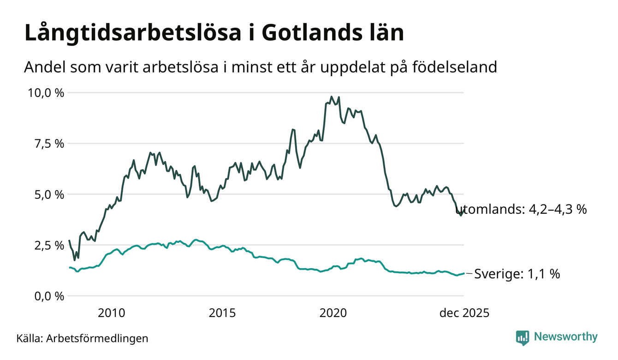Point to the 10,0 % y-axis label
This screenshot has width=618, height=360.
coord(46,93)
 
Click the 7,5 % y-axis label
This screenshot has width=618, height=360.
coord(48,144)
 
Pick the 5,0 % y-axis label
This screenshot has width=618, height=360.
coord(48,194)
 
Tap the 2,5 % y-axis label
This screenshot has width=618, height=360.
coord(48,245)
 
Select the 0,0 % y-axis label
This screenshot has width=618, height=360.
coord(48,296)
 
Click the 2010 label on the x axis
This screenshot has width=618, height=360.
coord(112,313)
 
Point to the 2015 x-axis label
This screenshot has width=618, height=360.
coord(222,313)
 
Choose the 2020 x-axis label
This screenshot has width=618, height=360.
coord(333,313)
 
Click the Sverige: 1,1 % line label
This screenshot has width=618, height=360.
coord(517,274)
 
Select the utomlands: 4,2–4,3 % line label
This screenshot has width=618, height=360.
coord(524,210)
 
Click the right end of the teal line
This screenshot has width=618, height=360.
coord(463,273)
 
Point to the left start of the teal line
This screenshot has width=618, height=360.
coord(70,268)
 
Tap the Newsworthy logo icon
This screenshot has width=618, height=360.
coord(523,337)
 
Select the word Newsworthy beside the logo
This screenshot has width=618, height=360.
coord(565,337)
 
